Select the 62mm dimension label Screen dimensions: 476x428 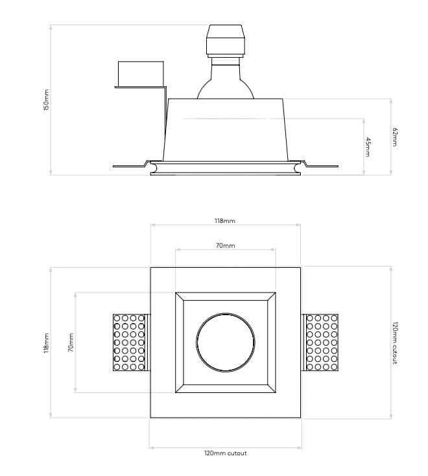(395, 137)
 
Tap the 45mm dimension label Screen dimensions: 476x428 (368, 147)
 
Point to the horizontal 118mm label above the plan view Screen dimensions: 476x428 (225, 221)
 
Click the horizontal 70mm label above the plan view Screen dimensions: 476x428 (225, 246)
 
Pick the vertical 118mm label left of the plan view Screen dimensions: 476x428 (46, 342)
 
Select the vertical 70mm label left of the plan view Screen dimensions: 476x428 (71, 342)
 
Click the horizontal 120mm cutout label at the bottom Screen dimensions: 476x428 (225, 453)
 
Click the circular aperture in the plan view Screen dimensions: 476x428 (225, 342)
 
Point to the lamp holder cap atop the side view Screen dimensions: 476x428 (225, 40)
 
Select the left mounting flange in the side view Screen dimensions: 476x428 (130, 165)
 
